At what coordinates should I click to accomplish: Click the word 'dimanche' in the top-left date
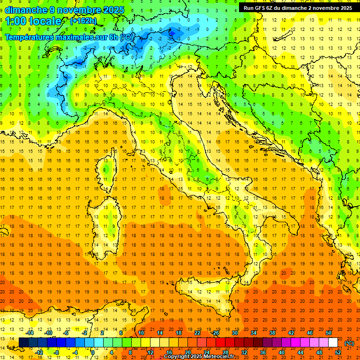(x=25, y=10)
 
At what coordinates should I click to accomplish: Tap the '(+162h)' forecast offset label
(x=83, y=21)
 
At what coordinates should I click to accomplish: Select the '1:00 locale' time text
(x=33, y=21)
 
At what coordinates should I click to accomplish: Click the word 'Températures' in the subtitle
(x=29, y=37)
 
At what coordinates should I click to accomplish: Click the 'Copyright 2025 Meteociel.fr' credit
(x=199, y=357)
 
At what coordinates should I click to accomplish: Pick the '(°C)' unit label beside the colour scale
(x=349, y=343)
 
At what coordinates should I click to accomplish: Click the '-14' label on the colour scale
(x=30, y=333)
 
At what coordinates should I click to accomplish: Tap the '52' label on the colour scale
(x=338, y=352)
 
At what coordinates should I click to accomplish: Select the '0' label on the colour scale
(x=93, y=352)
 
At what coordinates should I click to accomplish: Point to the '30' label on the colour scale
(x=234, y=333)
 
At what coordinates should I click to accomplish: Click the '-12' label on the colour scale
(x=39, y=352)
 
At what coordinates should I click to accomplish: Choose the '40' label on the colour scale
(x=282, y=352)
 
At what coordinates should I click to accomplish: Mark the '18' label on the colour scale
(x=178, y=333)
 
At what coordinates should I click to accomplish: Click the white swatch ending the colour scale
(x=333, y=343)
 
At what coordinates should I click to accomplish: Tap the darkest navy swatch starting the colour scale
(x=23, y=343)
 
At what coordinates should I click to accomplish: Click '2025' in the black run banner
(x=345, y=8)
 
